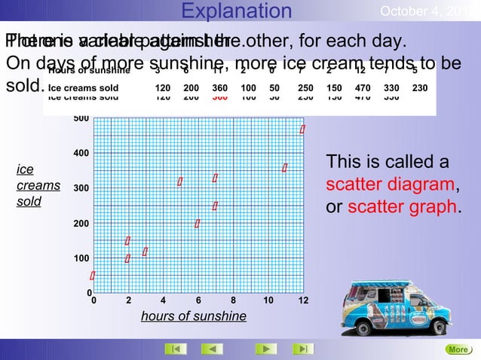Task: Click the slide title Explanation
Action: click(237, 11)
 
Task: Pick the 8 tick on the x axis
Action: click(233, 301)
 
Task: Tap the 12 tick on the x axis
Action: click(303, 301)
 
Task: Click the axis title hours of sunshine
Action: click(193, 316)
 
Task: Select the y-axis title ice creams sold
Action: click(31, 186)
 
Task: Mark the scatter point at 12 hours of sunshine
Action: click(302, 130)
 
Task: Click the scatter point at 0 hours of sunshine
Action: click(92, 276)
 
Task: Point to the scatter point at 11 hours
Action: click(285, 167)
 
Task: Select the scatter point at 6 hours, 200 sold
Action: click(197, 224)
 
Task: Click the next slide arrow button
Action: click(265, 349)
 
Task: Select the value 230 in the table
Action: click(420, 87)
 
